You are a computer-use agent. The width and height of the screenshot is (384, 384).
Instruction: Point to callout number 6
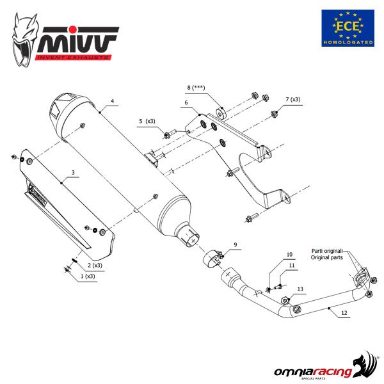pyautogui.click(x=186, y=102)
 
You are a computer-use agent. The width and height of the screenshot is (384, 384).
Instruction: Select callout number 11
pyautogui.click(x=292, y=265)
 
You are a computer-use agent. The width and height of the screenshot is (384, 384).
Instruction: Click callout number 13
pyautogui.click(x=301, y=290)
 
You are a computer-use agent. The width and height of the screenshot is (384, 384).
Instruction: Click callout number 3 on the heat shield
pyautogui.click(x=74, y=173)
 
